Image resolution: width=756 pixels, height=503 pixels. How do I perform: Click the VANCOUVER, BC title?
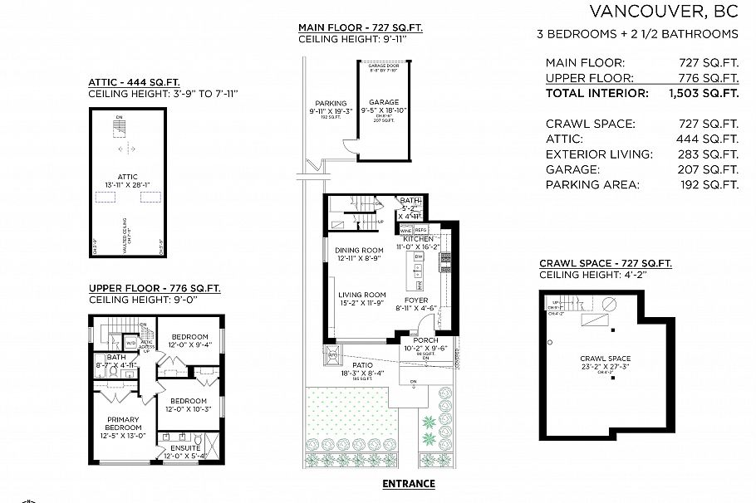coord(663,12)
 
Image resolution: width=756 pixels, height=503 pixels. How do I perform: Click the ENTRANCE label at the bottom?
coord(408,483)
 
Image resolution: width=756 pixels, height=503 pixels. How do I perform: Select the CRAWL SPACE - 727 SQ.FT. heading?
coord(606,263)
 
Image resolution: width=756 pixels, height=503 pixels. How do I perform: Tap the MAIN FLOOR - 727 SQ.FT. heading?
coord(361,27)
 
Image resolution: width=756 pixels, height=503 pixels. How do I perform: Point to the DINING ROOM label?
coord(359,251)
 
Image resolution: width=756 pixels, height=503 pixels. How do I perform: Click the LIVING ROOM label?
coord(362,295)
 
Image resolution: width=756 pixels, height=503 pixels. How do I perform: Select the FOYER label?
coord(416,300)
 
